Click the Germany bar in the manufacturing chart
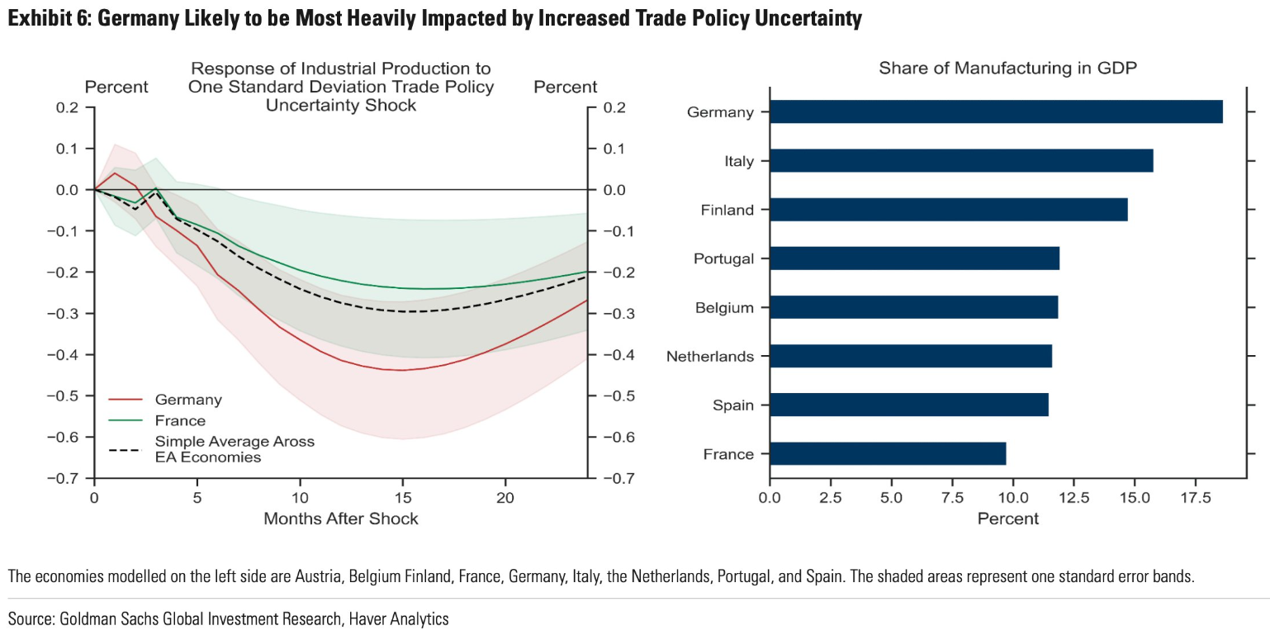point(995,111)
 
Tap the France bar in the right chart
point(887,454)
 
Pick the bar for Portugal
point(913,258)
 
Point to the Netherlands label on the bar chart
point(710,357)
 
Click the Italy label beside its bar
point(738,161)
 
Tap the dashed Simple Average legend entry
point(212,449)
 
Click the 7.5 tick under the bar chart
point(952,498)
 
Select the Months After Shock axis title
point(340,519)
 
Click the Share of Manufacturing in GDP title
point(1007,69)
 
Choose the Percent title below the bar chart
point(1007,519)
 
